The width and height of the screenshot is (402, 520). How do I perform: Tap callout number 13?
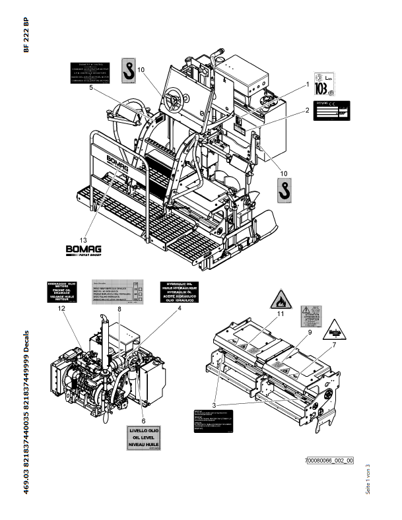point(83,240)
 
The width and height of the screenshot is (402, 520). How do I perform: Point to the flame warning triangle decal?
point(278,302)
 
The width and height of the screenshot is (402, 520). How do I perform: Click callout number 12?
point(62,308)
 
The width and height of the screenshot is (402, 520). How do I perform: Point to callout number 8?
point(119,308)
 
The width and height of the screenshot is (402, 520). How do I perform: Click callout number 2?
point(307,110)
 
